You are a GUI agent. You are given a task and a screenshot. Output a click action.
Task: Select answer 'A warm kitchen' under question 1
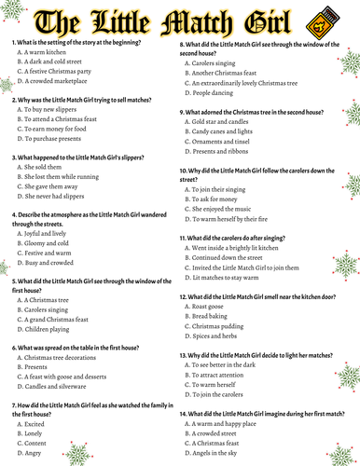pos(48,54)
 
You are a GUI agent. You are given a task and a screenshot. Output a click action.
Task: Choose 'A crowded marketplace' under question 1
pos(59,81)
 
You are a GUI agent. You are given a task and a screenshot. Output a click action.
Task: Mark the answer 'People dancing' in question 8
pos(217,94)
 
